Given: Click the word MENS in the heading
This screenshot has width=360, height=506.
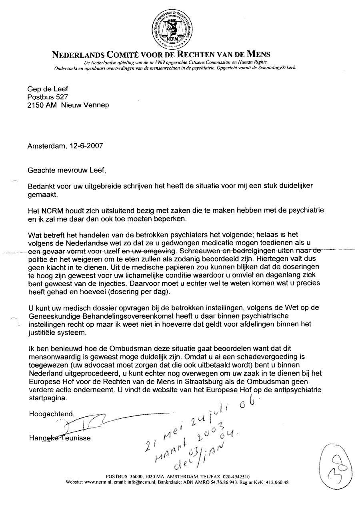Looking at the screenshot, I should (256, 54).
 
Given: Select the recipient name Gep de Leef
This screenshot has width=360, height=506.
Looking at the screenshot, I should (46, 89).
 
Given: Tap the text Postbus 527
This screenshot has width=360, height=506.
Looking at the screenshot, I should (48, 97).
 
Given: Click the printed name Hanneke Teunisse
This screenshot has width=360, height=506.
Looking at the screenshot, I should (60, 438).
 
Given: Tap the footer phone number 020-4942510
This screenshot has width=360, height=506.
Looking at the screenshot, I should (234, 476).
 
